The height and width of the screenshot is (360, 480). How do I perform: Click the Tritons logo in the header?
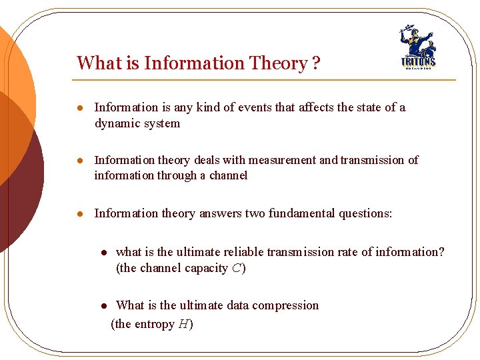[x=417, y=48]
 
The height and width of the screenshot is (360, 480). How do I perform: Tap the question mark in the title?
[x=315, y=63]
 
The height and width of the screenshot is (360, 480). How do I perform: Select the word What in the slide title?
[x=98, y=63]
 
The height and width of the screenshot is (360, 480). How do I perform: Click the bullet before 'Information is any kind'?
[x=79, y=108]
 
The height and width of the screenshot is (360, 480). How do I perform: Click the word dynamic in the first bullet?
[x=117, y=123]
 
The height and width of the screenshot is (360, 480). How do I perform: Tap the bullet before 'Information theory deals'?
[x=79, y=161]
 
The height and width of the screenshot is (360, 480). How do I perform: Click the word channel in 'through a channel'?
[x=227, y=175]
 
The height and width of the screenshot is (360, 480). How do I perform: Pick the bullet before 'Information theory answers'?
[x=79, y=214]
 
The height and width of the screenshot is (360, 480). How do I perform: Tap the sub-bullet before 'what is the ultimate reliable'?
[x=104, y=253]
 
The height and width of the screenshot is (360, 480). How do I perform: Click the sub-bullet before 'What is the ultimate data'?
[x=104, y=307]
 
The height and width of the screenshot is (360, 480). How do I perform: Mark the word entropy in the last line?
[x=153, y=325]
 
